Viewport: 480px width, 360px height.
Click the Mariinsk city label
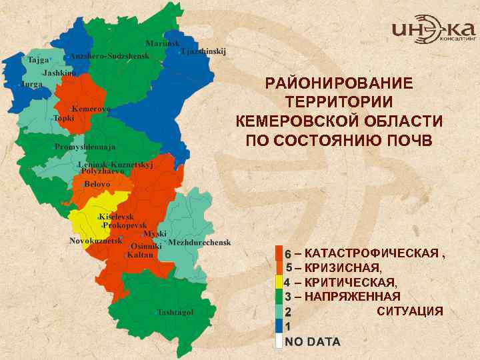pos(163,43)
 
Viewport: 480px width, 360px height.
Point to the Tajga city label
pos(38,60)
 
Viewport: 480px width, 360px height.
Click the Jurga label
pos(31,85)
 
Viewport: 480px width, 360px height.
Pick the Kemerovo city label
pos(91,109)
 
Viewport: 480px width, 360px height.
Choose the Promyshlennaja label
pos(85,147)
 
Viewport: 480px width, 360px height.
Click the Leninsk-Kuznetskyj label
pos(115,165)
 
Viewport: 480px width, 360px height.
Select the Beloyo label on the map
pos(97,183)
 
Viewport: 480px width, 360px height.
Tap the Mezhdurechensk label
pos(199,242)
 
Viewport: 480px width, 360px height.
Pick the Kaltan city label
pos(139,255)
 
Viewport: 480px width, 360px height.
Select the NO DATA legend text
pos(312,342)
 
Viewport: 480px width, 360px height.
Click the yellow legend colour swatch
pos(279,282)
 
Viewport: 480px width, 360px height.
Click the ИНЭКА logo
pos(433,30)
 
